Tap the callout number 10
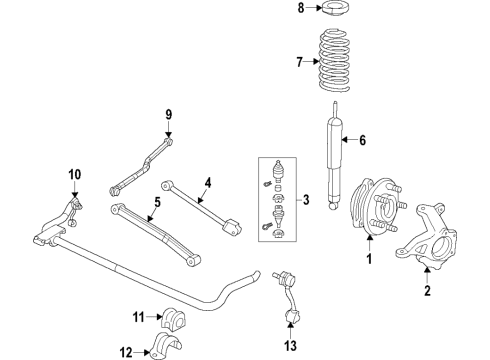[x=74, y=176]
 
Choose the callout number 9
[x=169, y=115]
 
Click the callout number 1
[x=369, y=261]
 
